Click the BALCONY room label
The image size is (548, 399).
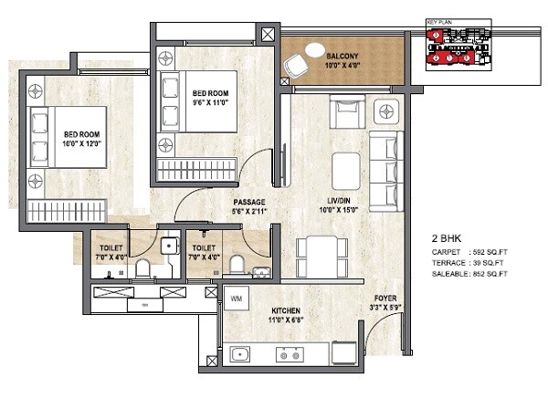(343, 56)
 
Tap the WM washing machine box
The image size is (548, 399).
(236, 299)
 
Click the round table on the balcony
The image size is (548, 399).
(313, 50)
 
